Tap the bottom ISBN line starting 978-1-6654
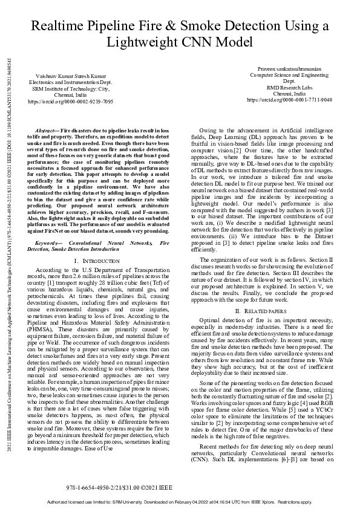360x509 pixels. [x=180, y=484]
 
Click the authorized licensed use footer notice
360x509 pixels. [x=180, y=502]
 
